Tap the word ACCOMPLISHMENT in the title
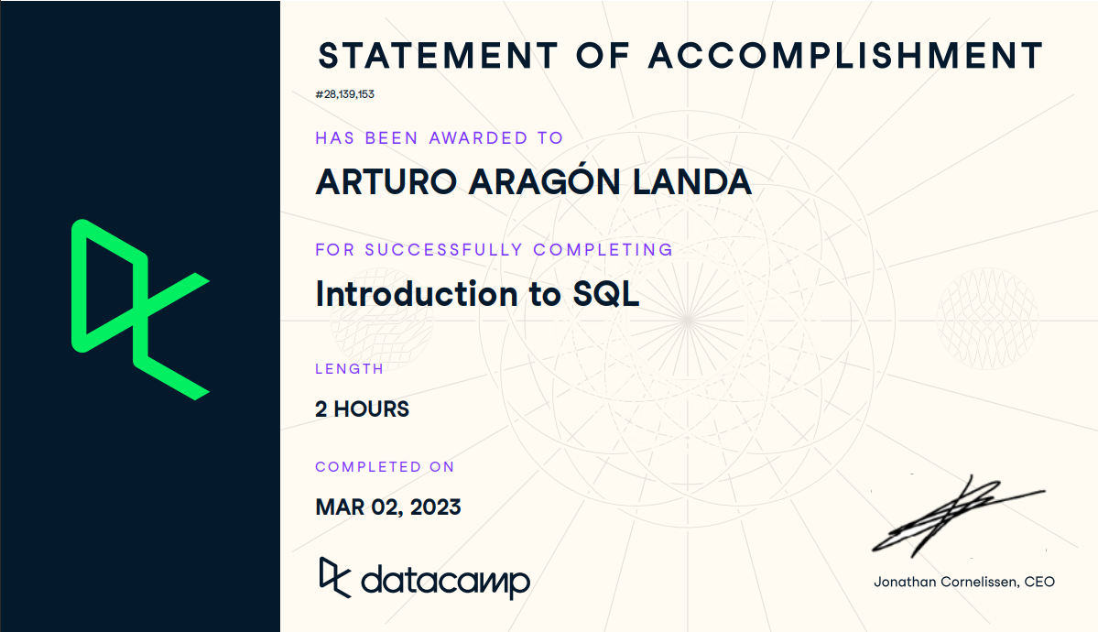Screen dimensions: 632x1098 [x=845, y=56]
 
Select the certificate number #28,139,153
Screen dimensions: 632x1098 [x=344, y=94]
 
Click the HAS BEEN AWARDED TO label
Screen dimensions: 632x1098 [x=439, y=138]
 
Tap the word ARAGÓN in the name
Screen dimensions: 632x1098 [x=545, y=182]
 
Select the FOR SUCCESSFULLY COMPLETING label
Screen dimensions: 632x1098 [x=494, y=249]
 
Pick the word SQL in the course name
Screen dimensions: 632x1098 [x=605, y=294]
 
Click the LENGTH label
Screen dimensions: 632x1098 [x=349, y=369]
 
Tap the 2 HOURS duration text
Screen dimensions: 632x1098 [x=362, y=409]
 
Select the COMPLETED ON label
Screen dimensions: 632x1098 [x=385, y=467]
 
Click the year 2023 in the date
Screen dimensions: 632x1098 [x=435, y=507]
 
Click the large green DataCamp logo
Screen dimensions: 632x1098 [x=140, y=310]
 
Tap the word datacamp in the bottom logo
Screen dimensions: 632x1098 [x=445, y=581]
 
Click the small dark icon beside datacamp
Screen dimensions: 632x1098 [x=333, y=577]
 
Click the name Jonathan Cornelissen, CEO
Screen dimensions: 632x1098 [x=963, y=582]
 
